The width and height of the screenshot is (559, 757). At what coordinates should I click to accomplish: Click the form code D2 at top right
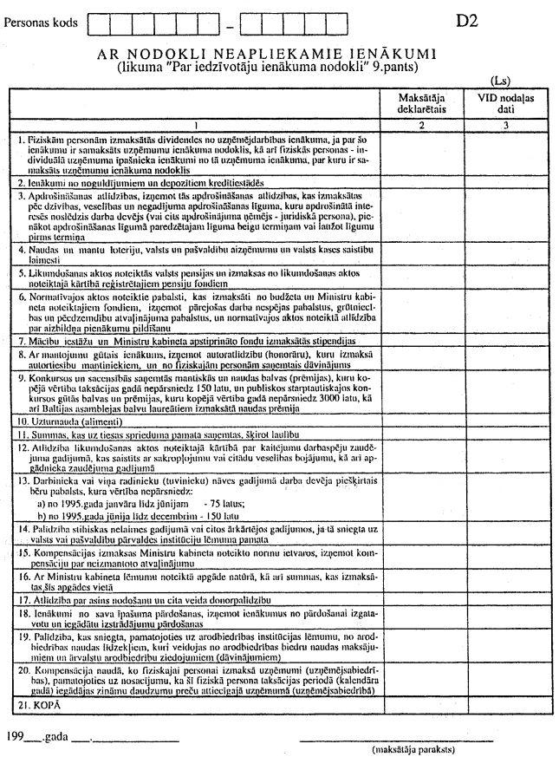click(467, 20)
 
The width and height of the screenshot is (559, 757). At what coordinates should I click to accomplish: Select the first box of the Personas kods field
click(100, 21)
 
